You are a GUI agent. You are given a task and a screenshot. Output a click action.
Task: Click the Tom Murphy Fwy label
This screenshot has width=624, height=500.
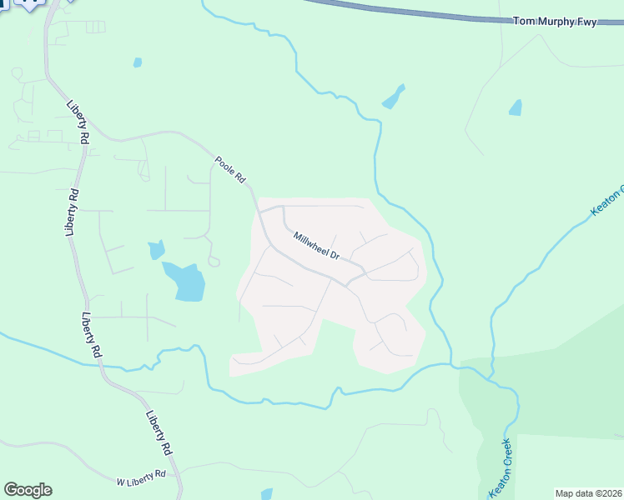(555, 22)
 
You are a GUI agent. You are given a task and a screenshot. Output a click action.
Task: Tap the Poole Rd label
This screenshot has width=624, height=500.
(231, 169)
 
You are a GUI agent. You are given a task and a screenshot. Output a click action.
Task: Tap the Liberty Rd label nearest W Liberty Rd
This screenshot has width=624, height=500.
(159, 432)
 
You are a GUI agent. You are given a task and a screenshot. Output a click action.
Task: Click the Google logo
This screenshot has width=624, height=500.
(28, 490)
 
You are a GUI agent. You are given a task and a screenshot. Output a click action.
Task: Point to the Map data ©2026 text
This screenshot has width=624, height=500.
(588, 493)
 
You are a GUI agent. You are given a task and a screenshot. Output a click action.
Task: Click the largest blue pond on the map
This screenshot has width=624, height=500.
(185, 282)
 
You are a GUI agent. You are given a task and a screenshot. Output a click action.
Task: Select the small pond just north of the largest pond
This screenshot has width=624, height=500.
(155, 249)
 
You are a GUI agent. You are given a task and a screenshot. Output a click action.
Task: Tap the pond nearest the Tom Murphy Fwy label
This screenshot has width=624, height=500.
(516, 107)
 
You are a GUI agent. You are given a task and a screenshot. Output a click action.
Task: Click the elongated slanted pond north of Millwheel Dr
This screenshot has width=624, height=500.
(393, 97)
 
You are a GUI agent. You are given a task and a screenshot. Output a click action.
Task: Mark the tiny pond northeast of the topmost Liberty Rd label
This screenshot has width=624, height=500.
(137, 62)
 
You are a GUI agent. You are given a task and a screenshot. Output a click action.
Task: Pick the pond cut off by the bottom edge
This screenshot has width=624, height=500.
(267, 494)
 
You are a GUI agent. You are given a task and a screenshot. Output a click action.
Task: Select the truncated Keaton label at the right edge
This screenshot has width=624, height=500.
(608, 200)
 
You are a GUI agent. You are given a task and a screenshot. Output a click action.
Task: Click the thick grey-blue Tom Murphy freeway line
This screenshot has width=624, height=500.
(400, 10)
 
